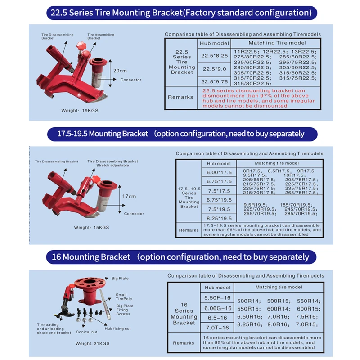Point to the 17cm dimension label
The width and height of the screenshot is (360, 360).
129,196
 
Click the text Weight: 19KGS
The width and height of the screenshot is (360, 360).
77,110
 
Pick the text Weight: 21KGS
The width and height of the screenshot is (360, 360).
92,344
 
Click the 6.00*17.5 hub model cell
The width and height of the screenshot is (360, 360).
219,172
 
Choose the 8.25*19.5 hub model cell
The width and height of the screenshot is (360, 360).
219,218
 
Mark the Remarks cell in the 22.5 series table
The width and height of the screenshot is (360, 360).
180,97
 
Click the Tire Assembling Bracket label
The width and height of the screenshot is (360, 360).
101,36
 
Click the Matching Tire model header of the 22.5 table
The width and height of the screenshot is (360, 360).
277,43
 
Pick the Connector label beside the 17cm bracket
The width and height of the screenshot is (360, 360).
134,214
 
